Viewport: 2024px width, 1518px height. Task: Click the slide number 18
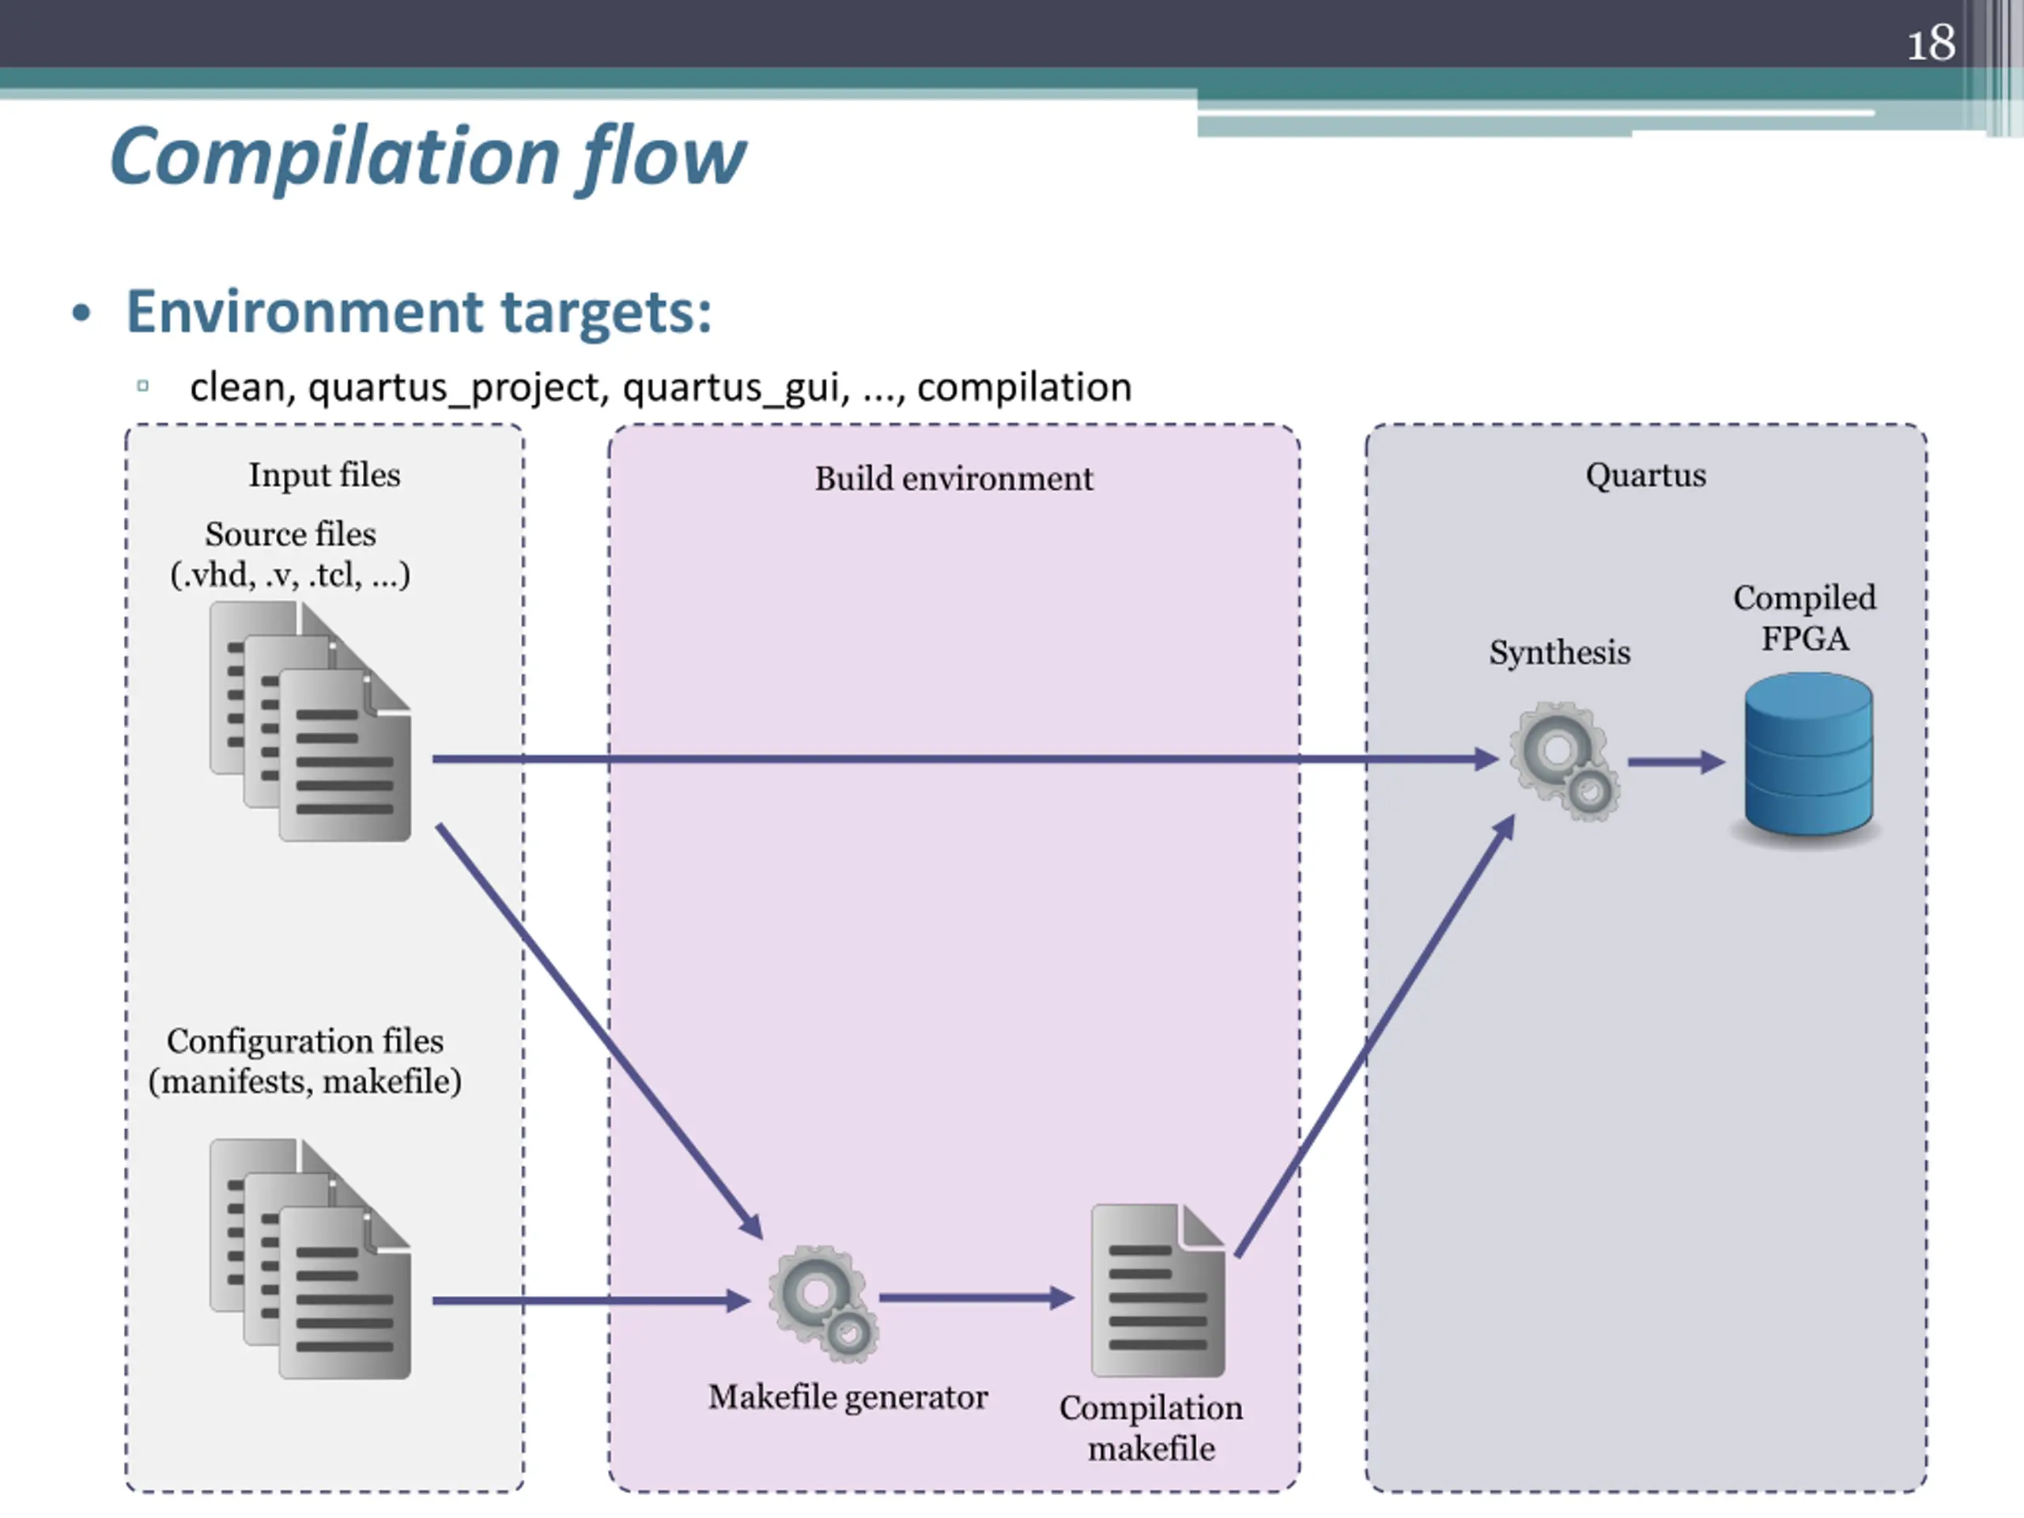tap(1931, 43)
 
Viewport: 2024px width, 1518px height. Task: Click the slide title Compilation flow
tap(427, 157)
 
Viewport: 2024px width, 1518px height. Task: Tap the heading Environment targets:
tap(418, 312)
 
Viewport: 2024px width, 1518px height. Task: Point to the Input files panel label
tap(325, 475)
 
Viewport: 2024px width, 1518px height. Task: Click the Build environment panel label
tap(954, 478)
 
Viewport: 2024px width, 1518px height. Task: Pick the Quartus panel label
tap(1646, 475)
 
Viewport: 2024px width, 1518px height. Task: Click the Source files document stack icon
tap(310, 721)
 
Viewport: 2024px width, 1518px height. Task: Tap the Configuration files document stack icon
tap(310, 1258)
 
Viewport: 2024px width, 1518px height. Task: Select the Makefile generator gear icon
tap(822, 1303)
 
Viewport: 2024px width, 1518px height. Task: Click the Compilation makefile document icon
tap(1158, 1290)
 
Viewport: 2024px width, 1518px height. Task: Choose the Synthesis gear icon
tap(1564, 761)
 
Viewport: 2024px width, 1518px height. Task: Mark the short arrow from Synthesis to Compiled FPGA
tap(1676, 761)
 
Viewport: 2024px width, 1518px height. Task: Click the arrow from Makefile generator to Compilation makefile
tap(976, 1297)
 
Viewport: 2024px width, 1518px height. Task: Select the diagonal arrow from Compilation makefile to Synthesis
tap(1375, 1035)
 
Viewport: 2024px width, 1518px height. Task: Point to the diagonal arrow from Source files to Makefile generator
tap(599, 1031)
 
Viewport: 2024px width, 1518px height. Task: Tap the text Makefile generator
tap(848, 1397)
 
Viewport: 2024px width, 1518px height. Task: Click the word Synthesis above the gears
tap(1560, 652)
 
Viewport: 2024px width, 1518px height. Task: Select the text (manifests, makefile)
tap(304, 1082)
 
